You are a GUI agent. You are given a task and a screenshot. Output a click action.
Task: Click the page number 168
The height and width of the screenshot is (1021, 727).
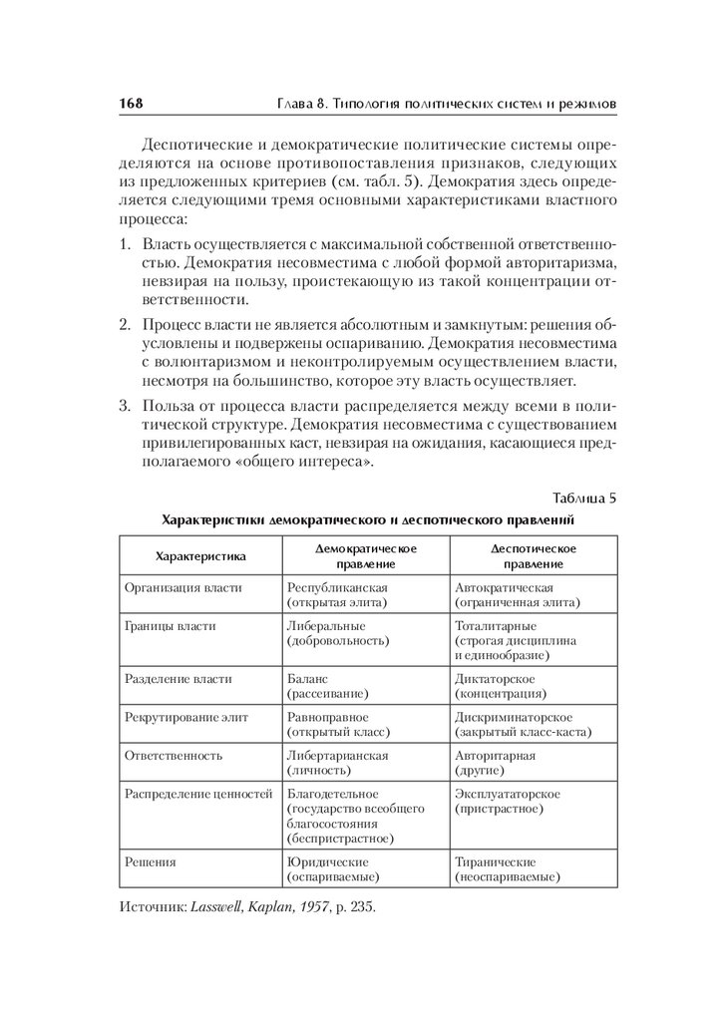pyautogui.click(x=133, y=103)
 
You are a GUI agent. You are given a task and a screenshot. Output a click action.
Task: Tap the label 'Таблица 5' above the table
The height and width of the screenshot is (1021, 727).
pyautogui.click(x=584, y=498)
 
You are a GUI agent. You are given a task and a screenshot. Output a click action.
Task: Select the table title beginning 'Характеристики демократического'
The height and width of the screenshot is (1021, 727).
pyautogui.click(x=368, y=519)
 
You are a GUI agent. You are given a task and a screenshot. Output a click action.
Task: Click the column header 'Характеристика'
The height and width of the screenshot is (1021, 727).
pyautogui.click(x=199, y=555)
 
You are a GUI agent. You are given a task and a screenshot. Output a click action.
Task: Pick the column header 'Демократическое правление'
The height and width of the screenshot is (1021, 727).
pyautogui.click(x=366, y=555)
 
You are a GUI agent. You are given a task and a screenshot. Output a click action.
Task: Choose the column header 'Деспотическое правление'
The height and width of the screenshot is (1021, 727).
pyautogui.click(x=533, y=555)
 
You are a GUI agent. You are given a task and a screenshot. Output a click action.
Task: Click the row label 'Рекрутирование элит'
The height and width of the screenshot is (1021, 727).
pyautogui.click(x=185, y=717)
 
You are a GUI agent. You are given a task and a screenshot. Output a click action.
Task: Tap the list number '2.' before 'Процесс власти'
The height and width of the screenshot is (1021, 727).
pyautogui.click(x=126, y=325)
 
